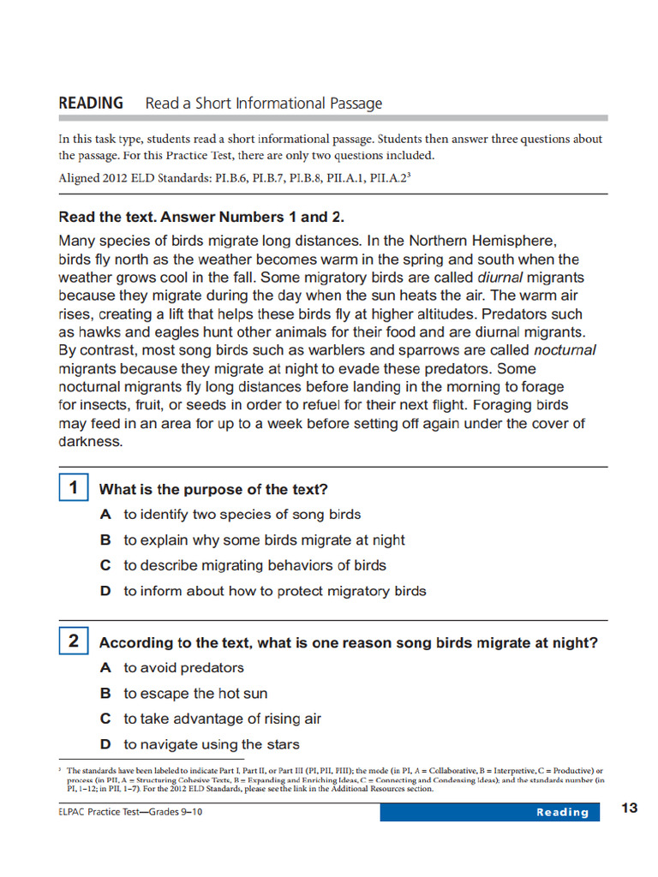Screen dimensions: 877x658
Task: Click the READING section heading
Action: click(91, 103)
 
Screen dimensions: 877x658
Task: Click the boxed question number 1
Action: click(74, 488)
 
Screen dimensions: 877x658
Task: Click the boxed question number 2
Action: click(74, 641)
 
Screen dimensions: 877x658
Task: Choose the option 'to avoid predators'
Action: click(183, 668)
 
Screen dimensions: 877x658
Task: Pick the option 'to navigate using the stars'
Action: click(211, 744)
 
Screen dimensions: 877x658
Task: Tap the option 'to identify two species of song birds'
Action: click(242, 515)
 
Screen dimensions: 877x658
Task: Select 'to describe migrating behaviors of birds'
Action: click(254, 565)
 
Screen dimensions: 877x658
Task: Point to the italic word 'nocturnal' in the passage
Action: click(565, 350)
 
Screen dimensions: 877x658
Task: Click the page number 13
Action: click(630, 808)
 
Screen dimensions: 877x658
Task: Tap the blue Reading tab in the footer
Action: click(562, 812)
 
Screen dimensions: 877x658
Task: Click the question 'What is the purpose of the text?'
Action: click(213, 490)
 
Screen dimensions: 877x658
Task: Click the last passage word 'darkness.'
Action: click(91, 442)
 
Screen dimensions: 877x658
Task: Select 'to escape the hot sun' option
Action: click(195, 694)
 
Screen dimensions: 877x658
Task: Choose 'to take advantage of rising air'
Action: click(222, 719)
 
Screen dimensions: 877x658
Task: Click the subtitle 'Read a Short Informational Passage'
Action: click(264, 104)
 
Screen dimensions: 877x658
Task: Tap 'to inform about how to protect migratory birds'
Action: click(274, 591)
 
